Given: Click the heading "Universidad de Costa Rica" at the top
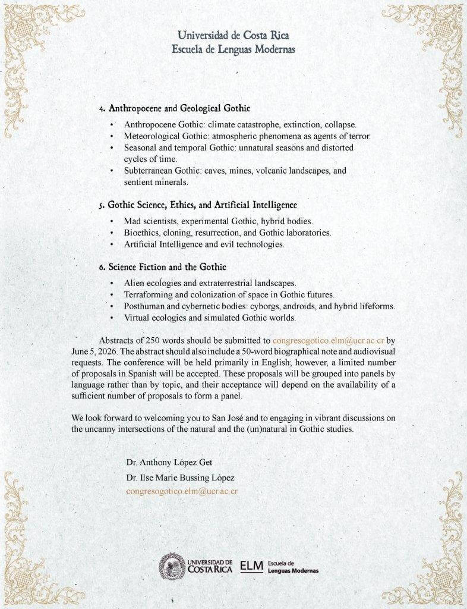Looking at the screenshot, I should [233, 35].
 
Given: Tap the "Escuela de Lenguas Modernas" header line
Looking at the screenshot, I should [233, 48].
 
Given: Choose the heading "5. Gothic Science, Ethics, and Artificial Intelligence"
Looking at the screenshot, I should [198, 205].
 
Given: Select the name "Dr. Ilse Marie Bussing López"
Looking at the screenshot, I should [184, 477].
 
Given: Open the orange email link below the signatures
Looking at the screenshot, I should [182, 492].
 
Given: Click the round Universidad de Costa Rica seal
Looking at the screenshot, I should [171, 565].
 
